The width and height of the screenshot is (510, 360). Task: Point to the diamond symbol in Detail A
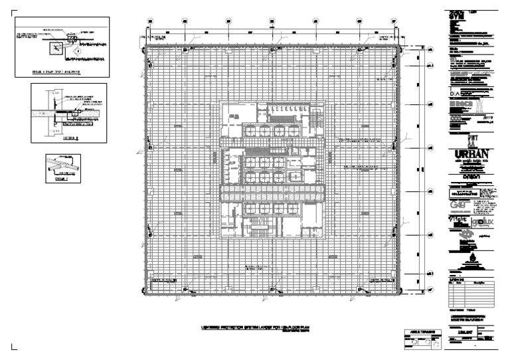(x=78, y=50)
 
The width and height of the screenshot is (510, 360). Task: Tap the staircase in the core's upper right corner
(x=312, y=119)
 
